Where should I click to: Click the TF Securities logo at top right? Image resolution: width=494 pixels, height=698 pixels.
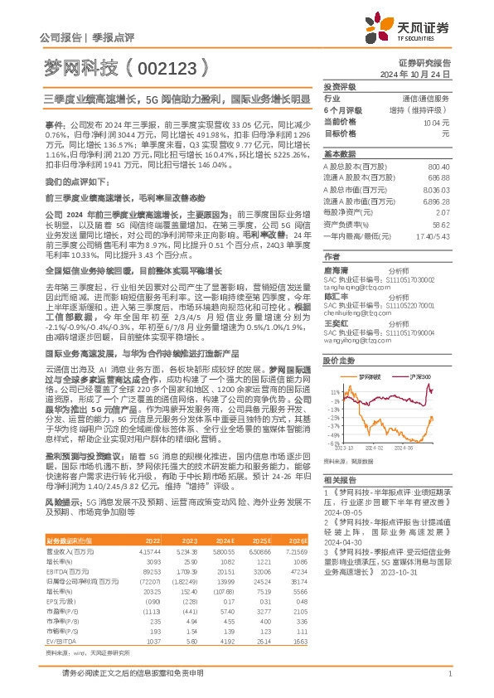[x=418, y=27]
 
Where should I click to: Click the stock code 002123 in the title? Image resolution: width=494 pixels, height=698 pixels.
[x=162, y=65]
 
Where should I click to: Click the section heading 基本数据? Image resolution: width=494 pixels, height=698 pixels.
[x=338, y=154]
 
